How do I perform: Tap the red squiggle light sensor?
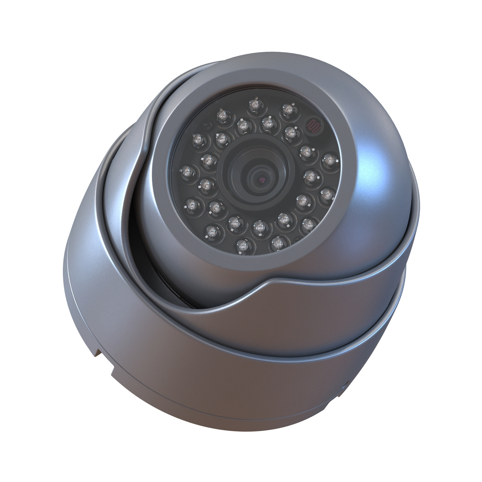[312, 125]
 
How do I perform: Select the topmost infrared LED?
[254, 105]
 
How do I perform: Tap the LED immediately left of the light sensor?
[288, 109]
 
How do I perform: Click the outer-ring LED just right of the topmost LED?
[288, 109]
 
